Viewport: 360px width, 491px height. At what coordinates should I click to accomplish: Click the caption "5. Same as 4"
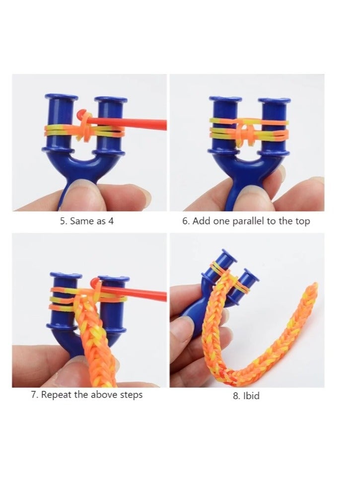pyautogui.click(x=87, y=221)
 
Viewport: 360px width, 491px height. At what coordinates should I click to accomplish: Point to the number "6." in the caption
pyautogui.click(x=186, y=221)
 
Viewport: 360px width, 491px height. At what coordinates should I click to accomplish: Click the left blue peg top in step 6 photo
pyautogui.click(x=225, y=100)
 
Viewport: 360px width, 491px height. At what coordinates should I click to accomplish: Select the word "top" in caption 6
pyautogui.click(x=302, y=221)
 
